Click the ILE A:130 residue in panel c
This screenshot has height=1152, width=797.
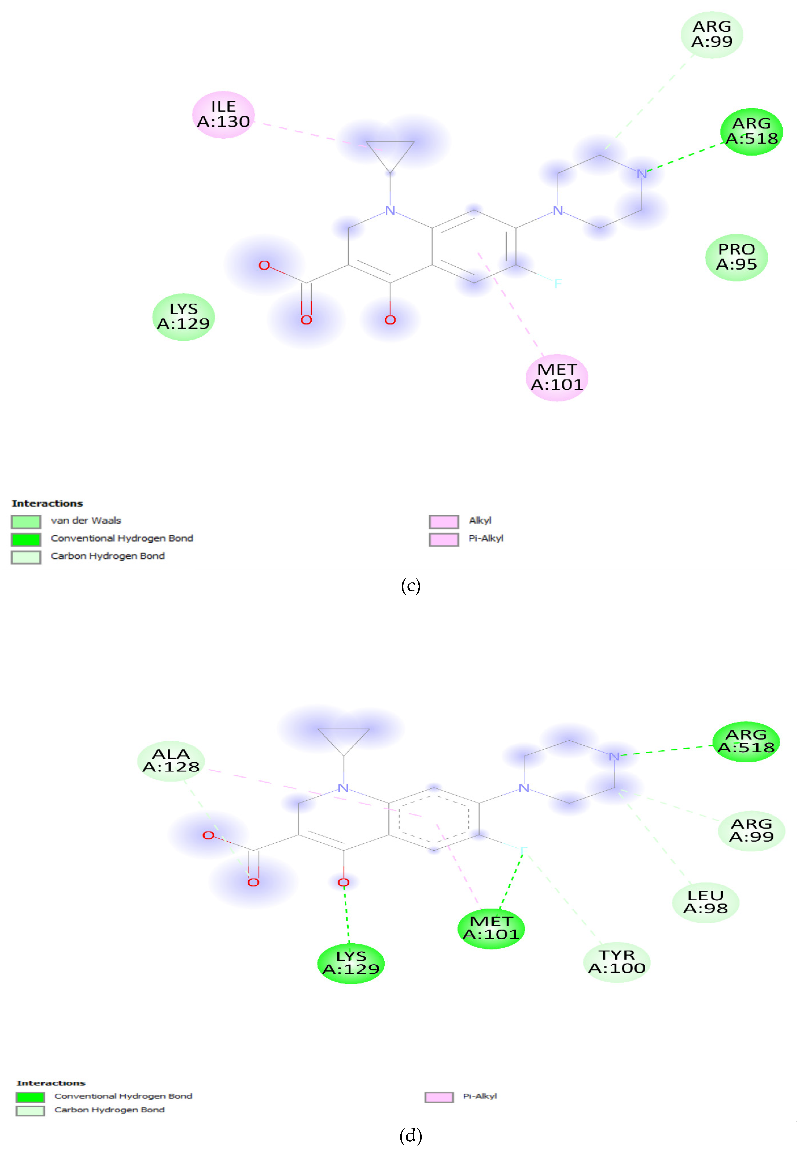coord(223,114)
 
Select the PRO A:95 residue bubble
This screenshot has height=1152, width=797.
coord(736,257)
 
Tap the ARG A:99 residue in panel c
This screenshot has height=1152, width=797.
coord(712,34)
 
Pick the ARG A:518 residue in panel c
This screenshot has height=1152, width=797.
coord(751,131)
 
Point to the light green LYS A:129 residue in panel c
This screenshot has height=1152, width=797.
coord(183,317)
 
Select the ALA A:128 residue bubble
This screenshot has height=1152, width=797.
coord(171,760)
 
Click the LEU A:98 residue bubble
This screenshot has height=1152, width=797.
coord(705,902)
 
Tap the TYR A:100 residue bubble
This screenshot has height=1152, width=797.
coord(617,962)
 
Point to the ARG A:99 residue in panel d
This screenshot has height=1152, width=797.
coord(751,830)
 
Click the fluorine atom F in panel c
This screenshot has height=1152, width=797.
coord(558,284)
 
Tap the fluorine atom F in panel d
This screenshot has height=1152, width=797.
coord(523,850)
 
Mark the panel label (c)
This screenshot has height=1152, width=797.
coord(410,585)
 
